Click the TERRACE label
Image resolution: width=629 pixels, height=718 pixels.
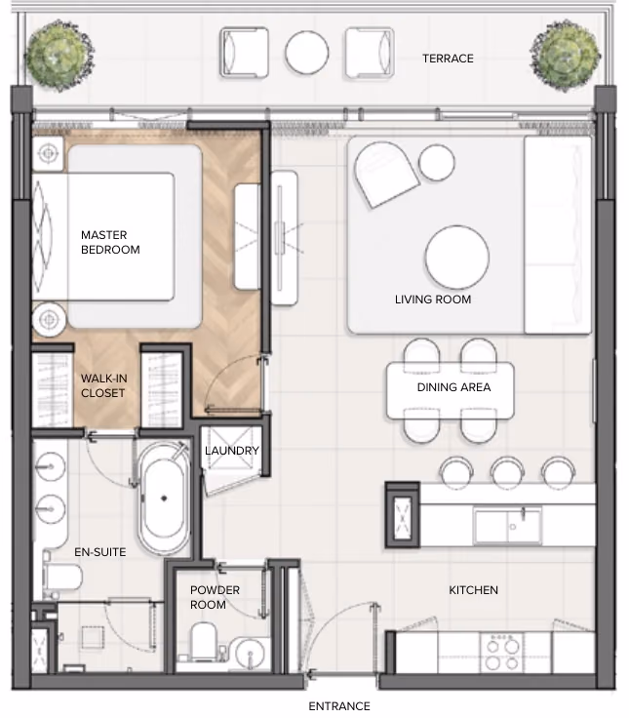click(448, 59)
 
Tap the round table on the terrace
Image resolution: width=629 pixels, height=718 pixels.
click(307, 53)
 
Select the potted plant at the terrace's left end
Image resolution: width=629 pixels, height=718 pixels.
click(59, 56)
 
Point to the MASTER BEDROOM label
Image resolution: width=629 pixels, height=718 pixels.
click(110, 242)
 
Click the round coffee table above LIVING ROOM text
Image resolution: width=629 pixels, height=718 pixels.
click(456, 257)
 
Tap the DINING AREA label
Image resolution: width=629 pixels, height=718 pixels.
click(453, 387)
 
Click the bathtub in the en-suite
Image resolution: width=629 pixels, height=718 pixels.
click(164, 499)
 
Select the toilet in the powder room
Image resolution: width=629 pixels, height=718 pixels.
click(203, 641)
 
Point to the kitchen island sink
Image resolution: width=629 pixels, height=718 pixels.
click(508, 525)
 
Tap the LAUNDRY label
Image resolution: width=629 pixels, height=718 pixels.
click(232, 451)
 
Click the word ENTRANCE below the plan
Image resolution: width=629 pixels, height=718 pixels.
click(339, 706)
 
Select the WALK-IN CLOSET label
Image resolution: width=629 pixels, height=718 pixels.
click(104, 385)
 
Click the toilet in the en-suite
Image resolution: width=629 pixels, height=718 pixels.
click(61, 577)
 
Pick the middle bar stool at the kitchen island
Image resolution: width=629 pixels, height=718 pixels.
click(507, 471)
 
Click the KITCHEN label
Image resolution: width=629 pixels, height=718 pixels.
click(473, 590)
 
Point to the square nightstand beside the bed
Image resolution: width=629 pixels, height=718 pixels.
click(48, 153)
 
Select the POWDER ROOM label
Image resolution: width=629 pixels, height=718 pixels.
click(215, 597)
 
